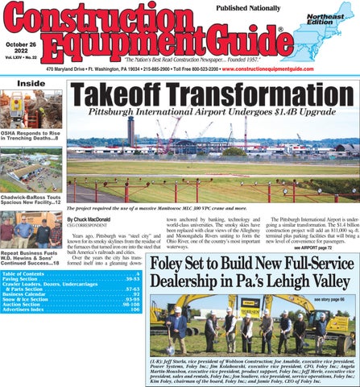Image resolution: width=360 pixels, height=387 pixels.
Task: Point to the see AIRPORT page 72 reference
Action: [x=329, y=248]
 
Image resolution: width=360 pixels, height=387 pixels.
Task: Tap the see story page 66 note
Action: [x=330, y=299]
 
